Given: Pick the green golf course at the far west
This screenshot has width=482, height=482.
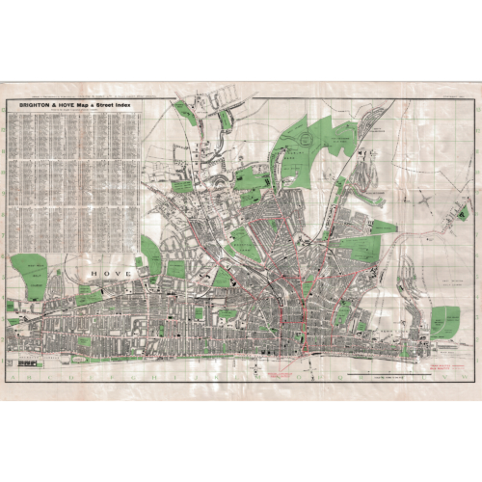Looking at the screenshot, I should coord(29,276).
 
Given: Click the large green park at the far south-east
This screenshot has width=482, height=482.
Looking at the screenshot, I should coord(444,322).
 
